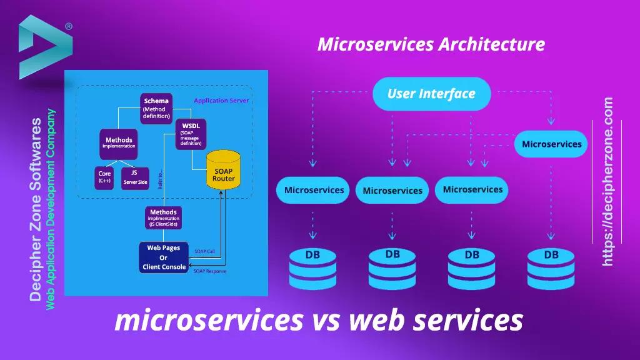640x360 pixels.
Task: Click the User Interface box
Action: [431, 94]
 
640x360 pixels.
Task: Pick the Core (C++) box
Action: [104, 176]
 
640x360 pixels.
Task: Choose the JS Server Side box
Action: [134, 176]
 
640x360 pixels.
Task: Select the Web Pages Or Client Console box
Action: [163, 257]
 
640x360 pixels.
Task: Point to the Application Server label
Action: [221, 101]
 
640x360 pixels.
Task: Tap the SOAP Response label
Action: [209, 271]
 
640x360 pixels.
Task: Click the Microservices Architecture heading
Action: [431, 44]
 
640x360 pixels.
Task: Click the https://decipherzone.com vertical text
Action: [608, 181]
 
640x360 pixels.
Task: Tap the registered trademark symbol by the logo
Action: [68, 27]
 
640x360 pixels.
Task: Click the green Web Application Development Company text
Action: [51, 209]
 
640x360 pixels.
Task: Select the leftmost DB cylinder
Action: [312, 269]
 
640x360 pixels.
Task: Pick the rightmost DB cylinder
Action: [551, 269]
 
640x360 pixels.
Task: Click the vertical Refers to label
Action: [161, 180]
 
